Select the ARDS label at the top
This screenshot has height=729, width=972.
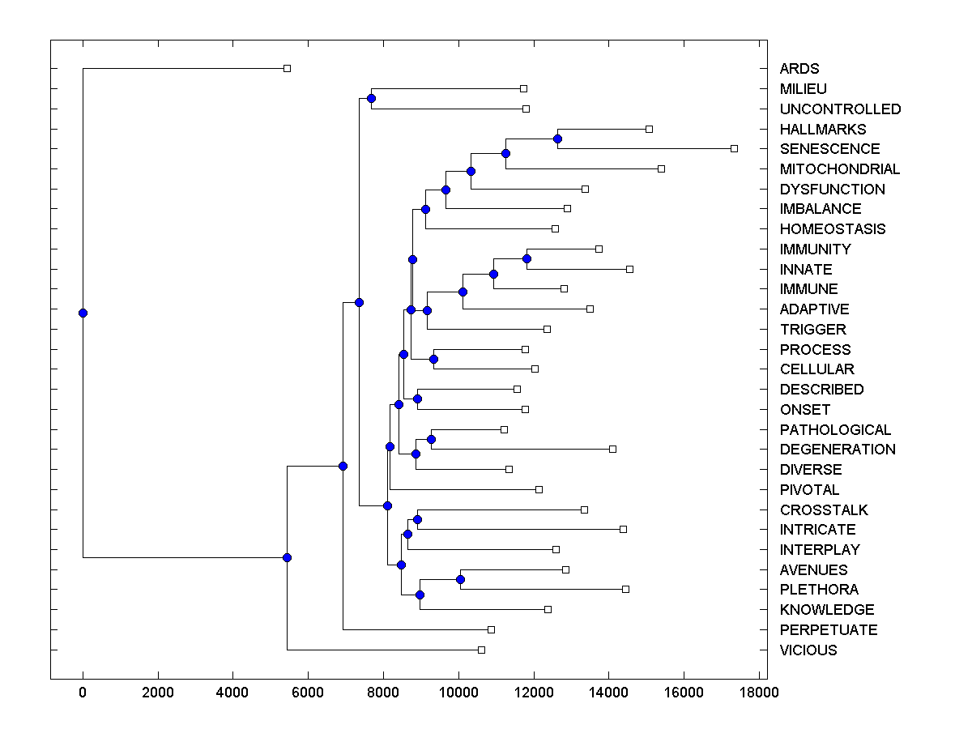tap(799, 69)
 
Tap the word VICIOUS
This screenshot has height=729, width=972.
tap(808, 650)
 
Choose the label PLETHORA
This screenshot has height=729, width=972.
tap(819, 590)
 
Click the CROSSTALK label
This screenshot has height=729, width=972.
tap(824, 510)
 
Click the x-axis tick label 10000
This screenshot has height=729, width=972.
tap(458, 693)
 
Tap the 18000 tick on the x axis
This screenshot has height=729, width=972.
tap(759, 693)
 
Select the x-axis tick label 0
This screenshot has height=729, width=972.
tap(83, 693)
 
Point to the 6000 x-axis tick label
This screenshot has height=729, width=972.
tap(308, 693)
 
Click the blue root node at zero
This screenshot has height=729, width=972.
tap(83, 313)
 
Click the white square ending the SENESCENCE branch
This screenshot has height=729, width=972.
tap(734, 148)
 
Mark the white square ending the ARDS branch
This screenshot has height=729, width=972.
tap(287, 68)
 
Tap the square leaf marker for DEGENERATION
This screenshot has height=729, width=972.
tap(612, 449)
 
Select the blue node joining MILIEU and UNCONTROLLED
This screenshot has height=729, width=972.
tap(371, 98)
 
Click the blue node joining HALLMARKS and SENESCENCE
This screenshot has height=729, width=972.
tap(557, 139)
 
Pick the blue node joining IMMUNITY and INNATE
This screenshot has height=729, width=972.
tap(526, 258)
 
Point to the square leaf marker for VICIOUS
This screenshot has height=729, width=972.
tap(481, 650)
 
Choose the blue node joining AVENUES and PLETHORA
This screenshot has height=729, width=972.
tap(460, 579)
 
